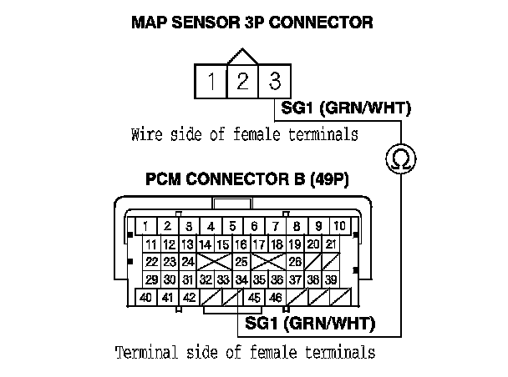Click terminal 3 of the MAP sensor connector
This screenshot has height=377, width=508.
[x=274, y=82]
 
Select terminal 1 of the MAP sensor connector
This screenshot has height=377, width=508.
[x=211, y=82]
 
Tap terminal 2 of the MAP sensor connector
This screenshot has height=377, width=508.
[x=242, y=82]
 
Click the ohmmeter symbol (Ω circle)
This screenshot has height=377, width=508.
[x=400, y=158]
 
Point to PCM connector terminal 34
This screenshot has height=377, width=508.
[x=241, y=279]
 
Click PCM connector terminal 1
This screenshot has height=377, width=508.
[x=145, y=226]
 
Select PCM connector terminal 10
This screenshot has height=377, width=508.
[x=339, y=226]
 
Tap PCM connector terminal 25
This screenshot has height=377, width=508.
[x=241, y=262]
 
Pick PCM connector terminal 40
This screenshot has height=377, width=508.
[x=145, y=297]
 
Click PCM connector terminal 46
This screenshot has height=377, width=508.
[x=276, y=297]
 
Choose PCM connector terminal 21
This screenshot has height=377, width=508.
[x=331, y=244]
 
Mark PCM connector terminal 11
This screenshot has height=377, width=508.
[x=151, y=244]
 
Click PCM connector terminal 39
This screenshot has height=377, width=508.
[x=331, y=279]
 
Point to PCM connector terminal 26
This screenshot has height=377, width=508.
[x=295, y=262]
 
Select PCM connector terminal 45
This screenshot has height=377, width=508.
[x=254, y=297]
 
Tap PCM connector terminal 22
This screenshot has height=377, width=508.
[x=151, y=262]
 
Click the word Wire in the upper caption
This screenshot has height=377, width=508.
[x=147, y=134]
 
